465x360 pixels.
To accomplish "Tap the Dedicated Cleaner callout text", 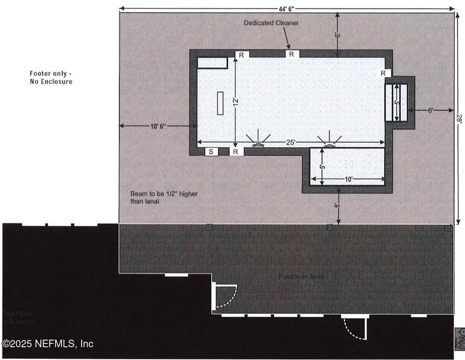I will [271, 23].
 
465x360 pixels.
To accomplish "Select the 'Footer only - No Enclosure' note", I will [52, 77].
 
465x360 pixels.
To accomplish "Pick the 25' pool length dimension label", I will [290, 142].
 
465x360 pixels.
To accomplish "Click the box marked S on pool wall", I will [211, 152].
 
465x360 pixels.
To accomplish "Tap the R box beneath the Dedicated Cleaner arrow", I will [292, 54].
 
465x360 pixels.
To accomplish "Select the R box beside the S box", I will [236, 152].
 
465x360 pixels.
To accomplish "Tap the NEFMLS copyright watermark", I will [47, 344].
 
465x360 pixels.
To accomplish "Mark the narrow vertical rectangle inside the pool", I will [220, 103].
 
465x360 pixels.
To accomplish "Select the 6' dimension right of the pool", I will [431, 110].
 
